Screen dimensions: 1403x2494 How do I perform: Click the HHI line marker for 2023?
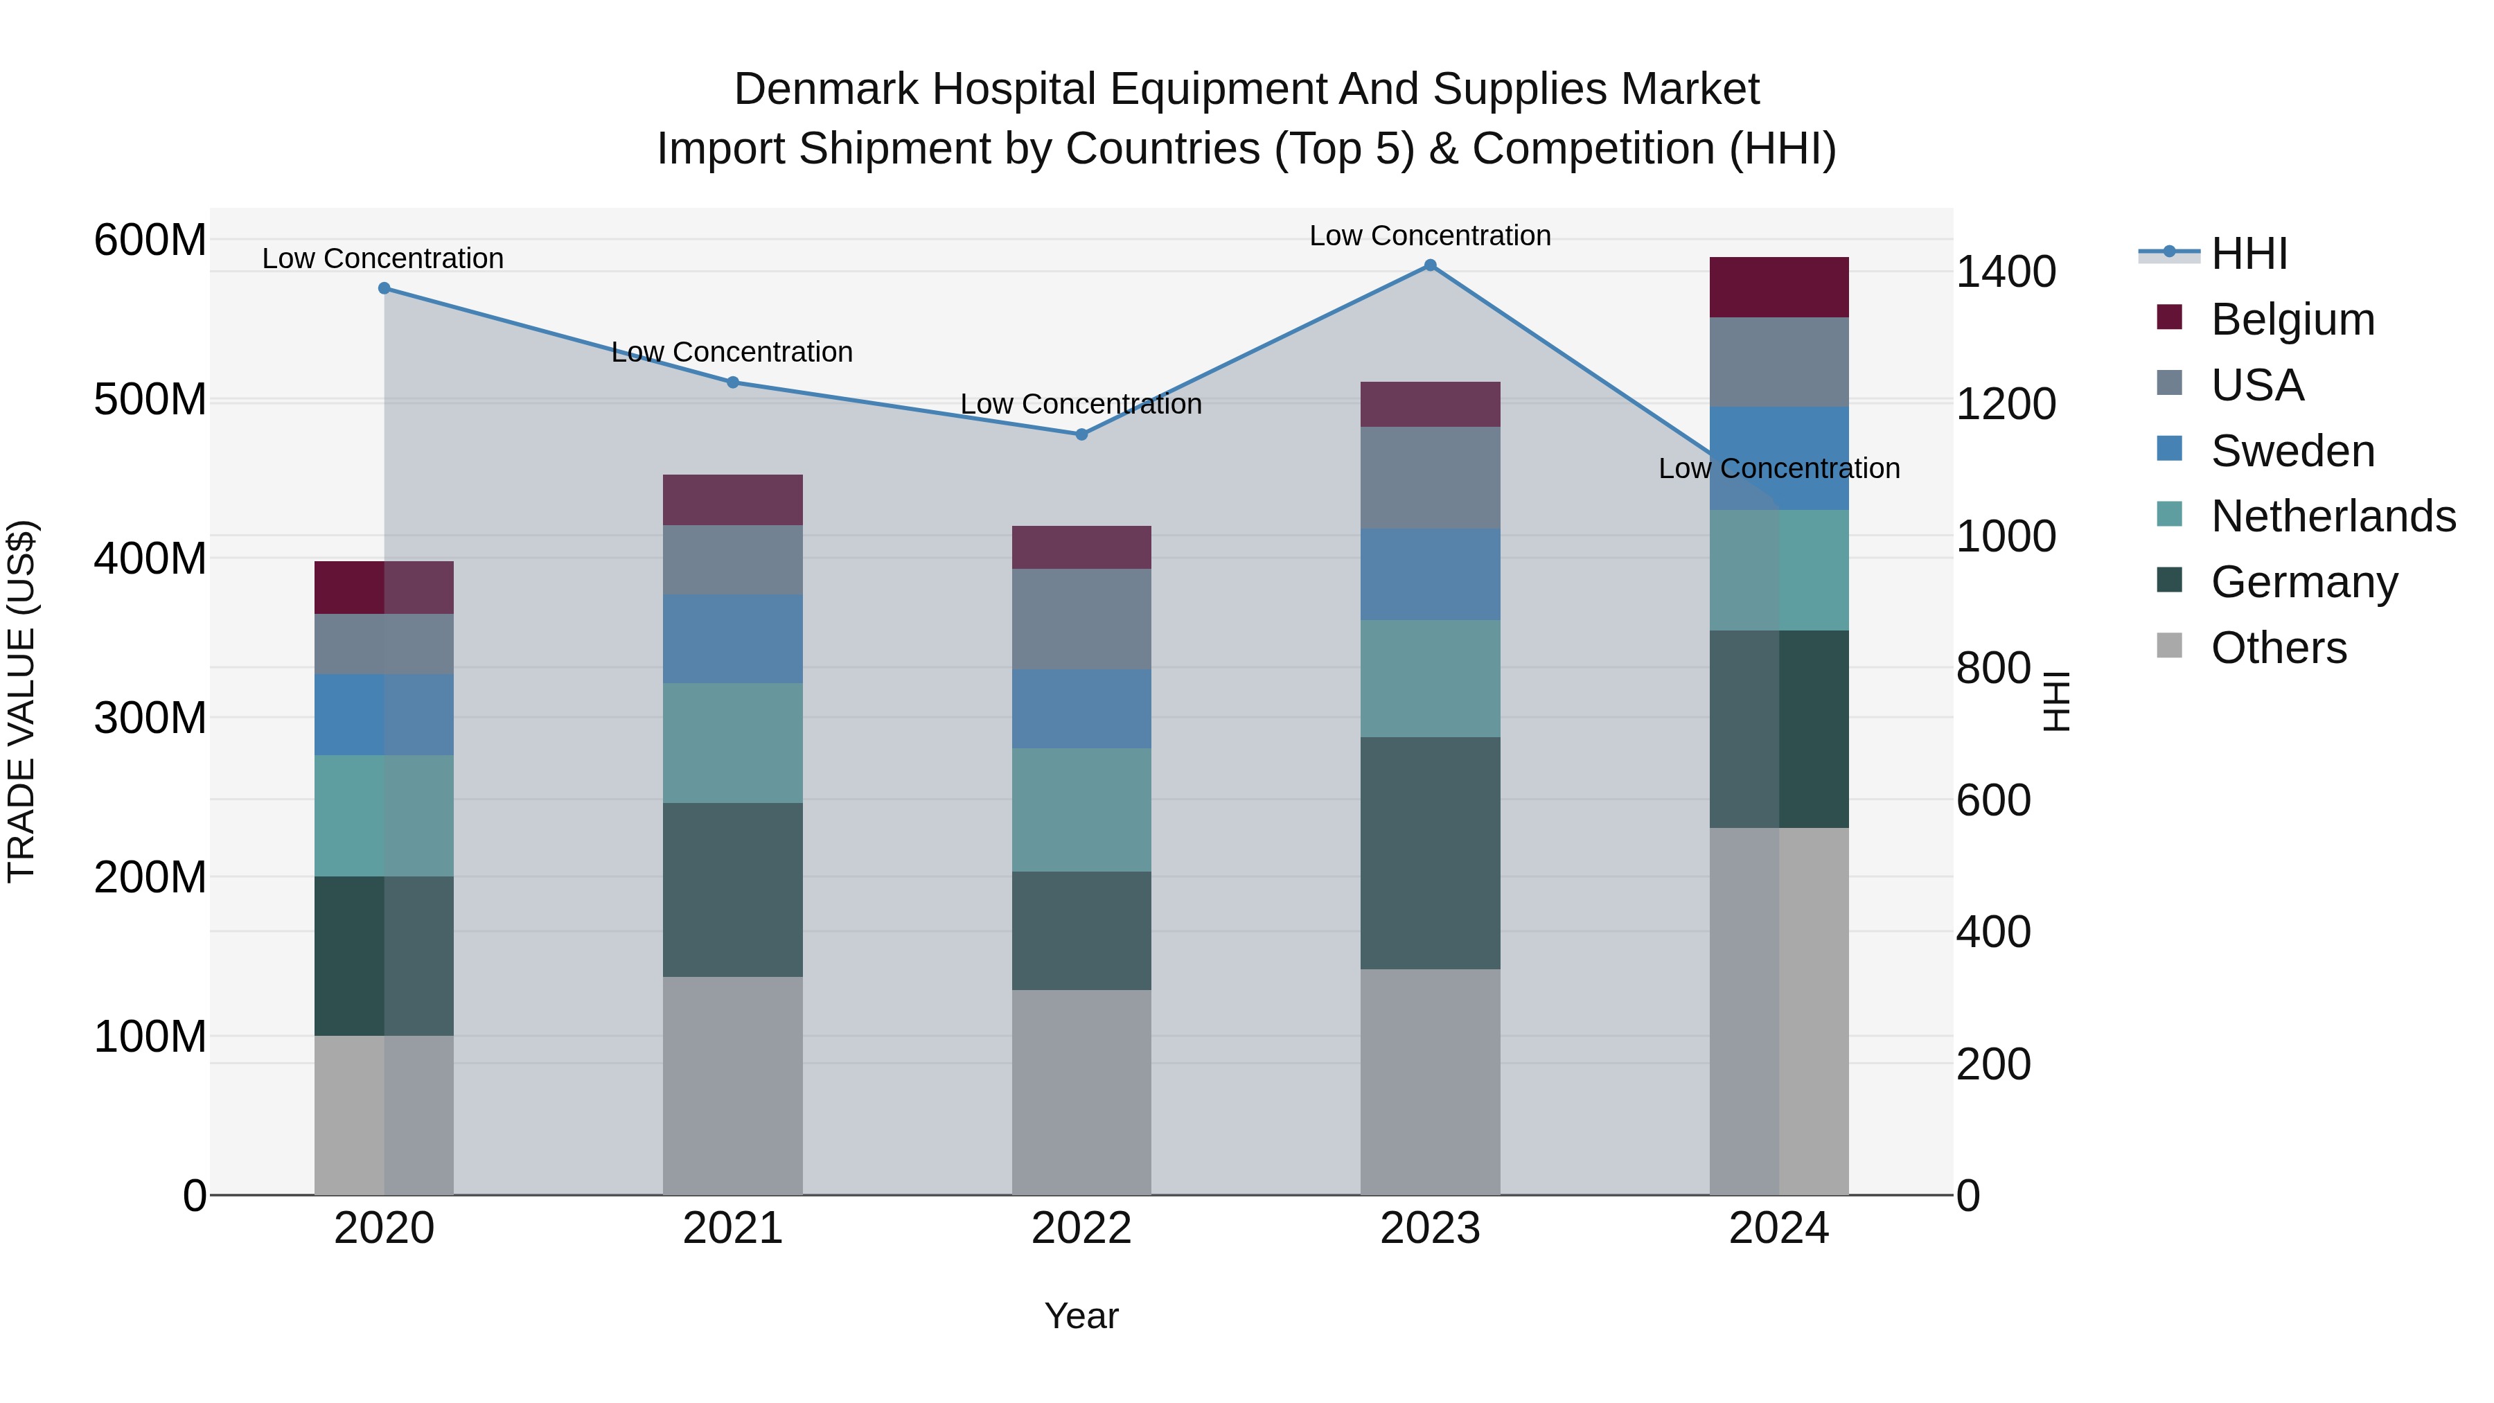(x=1430, y=265)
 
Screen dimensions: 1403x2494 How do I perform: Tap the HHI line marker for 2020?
(x=384, y=288)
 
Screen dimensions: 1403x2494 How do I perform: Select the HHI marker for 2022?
(x=1081, y=434)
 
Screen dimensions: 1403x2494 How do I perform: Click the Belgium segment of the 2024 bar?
(x=1778, y=288)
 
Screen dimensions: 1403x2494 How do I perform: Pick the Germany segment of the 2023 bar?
(x=1430, y=853)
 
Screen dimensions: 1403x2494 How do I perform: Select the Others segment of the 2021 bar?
(x=733, y=1086)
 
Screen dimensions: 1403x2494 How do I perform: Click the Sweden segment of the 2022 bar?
(x=1081, y=709)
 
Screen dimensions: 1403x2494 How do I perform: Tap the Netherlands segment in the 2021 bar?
(x=733, y=743)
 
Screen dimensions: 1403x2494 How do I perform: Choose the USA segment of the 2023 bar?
(x=1430, y=478)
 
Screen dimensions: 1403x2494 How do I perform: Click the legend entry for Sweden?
(x=2292, y=451)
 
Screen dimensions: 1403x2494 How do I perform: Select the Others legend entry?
(x=2278, y=648)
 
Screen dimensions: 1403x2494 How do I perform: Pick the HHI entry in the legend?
(x=2248, y=254)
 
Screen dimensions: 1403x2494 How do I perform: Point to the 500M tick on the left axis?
(x=150, y=399)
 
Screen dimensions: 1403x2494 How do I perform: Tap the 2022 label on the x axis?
(x=1081, y=1228)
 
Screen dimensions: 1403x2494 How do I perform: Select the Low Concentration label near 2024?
(x=1778, y=468)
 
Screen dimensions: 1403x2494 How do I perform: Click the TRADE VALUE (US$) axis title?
(x=22, y=701)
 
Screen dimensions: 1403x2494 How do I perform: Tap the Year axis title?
(x=1081, y=1316)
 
